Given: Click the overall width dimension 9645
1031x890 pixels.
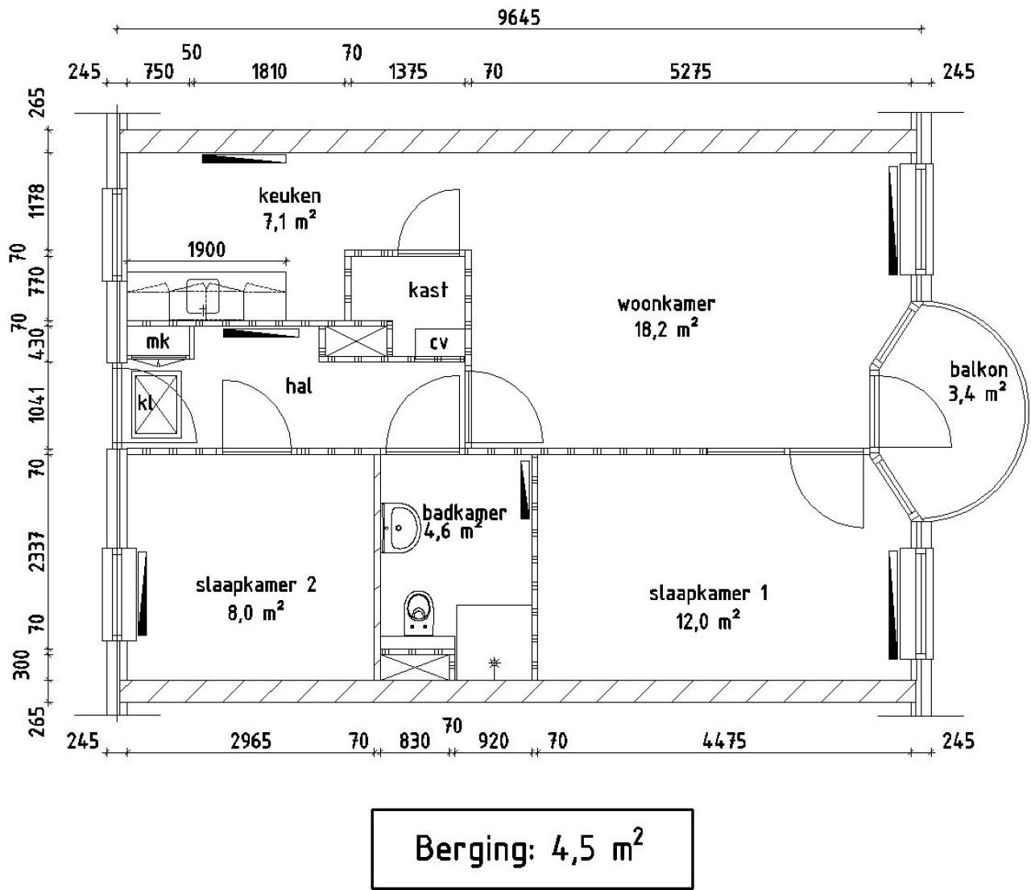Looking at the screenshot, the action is (x=519, y=18).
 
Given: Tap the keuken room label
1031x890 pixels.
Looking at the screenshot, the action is (x=289, y=196).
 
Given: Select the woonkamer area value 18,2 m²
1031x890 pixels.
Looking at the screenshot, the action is (x=666, y=329).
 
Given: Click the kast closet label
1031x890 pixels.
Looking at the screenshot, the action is (x=428, y=290).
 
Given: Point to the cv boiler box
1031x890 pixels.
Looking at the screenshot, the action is (x=440, y=343).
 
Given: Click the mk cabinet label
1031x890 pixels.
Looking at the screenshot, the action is (x=158, y=342).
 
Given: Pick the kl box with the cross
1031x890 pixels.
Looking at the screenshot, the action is (x=156, y=404).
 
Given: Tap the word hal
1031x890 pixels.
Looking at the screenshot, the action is (x=299, y=386).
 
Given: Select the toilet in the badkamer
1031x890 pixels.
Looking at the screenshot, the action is (x=419, y=613).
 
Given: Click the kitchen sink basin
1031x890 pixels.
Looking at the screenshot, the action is (x=203, y=297).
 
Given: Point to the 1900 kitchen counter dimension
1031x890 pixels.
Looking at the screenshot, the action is (x=206, y=249).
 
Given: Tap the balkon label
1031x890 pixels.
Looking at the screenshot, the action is (x=979, y=370).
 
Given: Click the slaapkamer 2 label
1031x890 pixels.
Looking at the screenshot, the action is (x=256, y=584).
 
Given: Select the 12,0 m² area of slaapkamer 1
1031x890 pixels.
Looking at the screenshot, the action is (x=708, y=622).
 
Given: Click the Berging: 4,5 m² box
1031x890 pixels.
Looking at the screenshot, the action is (x=532, y=848).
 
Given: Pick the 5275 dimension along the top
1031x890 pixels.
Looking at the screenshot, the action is (x=690, y=72).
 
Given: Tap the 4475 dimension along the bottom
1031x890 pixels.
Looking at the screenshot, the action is (x=724, y=741).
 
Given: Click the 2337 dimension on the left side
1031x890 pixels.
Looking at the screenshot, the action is (x=37, y=551).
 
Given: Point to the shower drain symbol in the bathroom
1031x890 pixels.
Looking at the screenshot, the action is (x=495, y=664).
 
